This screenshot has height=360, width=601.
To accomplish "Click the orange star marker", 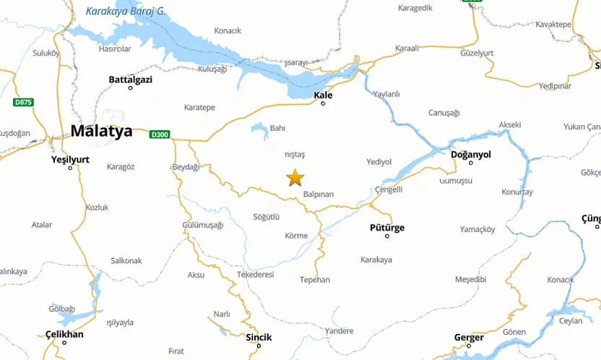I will tap(295, 177).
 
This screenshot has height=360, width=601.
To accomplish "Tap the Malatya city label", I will tap(102, 132).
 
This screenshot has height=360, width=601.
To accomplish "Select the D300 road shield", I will tap(160, 134).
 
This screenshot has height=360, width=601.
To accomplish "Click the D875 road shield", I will tap(23, 103).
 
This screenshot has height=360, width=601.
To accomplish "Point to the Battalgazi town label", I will tap(130, 80).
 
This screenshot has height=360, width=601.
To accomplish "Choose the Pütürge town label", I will tap(386, 228).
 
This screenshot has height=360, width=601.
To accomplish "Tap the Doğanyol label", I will tap(470, 155).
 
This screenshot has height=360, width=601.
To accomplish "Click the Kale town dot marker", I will tap(323, 103).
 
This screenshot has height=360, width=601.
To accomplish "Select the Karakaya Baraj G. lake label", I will tap(126, 11).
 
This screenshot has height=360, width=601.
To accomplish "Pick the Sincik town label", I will tap(259, 337).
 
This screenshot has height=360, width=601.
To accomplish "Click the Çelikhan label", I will tap(64, 334).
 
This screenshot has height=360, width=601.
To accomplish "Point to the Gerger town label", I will tap(469, 338).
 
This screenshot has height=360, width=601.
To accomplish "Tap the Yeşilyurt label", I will tap(70, 159).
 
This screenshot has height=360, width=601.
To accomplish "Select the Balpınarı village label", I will tap(319, 194).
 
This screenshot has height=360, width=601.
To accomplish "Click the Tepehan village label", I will tap(314, 280).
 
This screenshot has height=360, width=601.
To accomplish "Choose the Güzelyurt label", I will tap(477, 53).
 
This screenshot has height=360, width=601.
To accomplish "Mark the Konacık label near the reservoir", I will tap(228, 30).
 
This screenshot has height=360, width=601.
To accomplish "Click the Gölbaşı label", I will tap(61, 309).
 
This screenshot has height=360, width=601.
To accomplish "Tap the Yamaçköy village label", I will tap(477, 230).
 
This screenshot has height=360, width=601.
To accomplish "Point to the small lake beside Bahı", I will tap(259, 129).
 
